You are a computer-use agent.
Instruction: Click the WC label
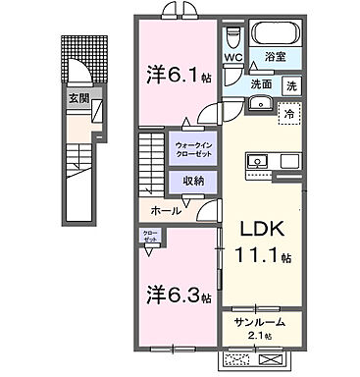pyautogui.click(x=232, y=58)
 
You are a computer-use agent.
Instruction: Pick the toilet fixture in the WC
pyautogui.click(x=231, y=37)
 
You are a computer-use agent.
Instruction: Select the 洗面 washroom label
pyautogui.click(x=261, y=85)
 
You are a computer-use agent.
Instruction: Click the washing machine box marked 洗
pyautogui.click(x=291, y=85)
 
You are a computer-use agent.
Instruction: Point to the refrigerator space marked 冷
pyautogui.click(x=289, y=114)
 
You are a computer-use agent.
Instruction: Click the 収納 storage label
pyautogui.click(x=192, y=180)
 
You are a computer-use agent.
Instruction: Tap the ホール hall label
pyautogui.click(x=164, y=210)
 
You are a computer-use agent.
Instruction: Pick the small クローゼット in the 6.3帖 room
pyautogui.click(x=148, y=238)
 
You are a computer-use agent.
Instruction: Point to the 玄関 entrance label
pyautogui.click(x=77, y=98)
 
